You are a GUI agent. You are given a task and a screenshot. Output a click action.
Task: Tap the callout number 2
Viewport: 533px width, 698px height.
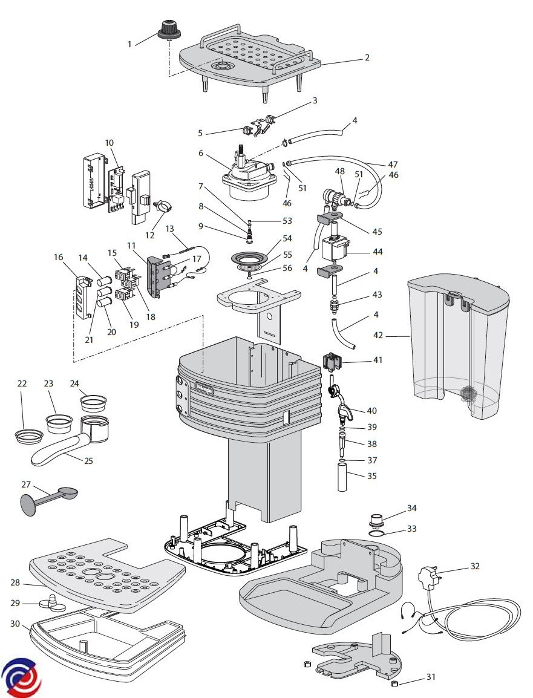pos(367,57)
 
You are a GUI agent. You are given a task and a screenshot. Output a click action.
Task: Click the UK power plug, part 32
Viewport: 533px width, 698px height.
pos(428,578)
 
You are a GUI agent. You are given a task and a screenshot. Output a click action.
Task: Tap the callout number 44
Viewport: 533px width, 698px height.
pos(378,252)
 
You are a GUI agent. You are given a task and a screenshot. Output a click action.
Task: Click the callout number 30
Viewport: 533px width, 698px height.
pos(15,624)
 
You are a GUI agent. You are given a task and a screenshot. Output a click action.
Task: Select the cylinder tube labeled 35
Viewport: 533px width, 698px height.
pos(342,477)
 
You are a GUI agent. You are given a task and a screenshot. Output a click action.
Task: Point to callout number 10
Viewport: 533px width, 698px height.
pos(109,143)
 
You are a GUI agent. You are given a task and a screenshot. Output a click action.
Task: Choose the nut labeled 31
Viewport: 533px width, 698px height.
pos(393,683)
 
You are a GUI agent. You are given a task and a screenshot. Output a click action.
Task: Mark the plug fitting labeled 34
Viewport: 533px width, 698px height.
pos(377,520)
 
